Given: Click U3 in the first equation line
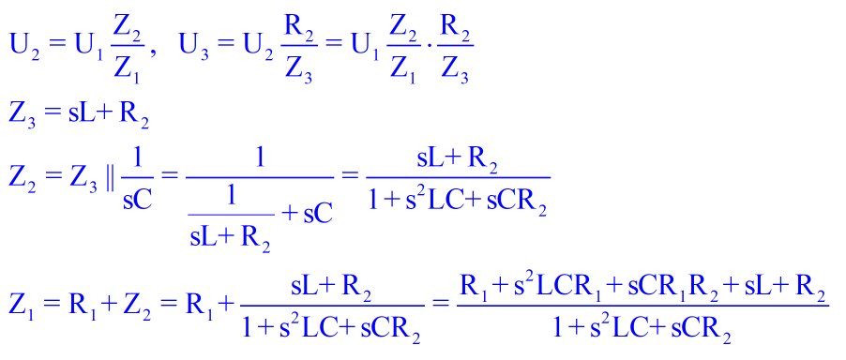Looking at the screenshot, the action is (x=194, y=49).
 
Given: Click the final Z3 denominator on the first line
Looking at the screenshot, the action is (x=453, y=71).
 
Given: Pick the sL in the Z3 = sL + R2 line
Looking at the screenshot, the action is (x=81, y=114).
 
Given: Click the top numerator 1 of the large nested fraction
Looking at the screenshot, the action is (x=261, y=160).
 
